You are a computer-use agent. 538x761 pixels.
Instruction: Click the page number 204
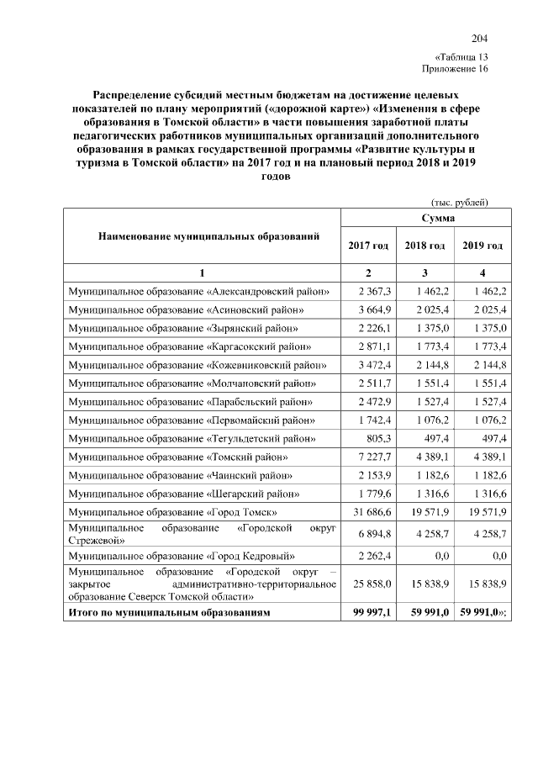tap(479, 39)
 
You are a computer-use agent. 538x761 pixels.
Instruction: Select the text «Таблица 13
tap(462, 55)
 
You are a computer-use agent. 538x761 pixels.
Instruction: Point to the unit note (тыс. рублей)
tap(459, 202)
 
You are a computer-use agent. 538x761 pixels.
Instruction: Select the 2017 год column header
tap(368, 246)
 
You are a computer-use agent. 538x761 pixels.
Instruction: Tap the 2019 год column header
tap(483, 246)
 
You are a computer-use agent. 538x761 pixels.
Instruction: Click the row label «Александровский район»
tap(198, 292)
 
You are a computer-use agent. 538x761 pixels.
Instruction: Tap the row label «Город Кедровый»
tap(187, 556)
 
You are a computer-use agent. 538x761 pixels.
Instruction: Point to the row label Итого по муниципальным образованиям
tap(170, 614)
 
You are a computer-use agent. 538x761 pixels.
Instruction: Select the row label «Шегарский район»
tap(183, 493)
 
